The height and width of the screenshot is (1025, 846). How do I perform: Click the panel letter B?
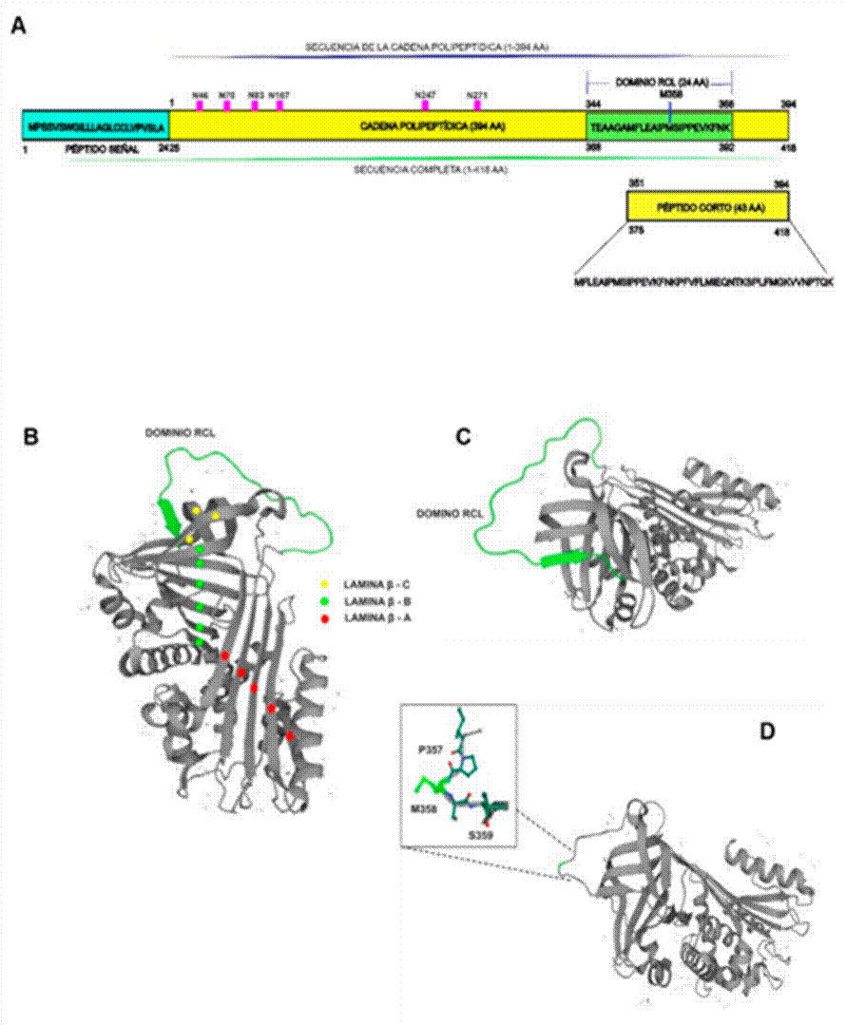pos(31,438)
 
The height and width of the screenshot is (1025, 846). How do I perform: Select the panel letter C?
pos(463,438)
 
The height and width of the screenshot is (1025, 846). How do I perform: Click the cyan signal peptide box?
pos(95,125)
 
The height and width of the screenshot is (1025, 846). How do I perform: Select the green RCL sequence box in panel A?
pos(661,125)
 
